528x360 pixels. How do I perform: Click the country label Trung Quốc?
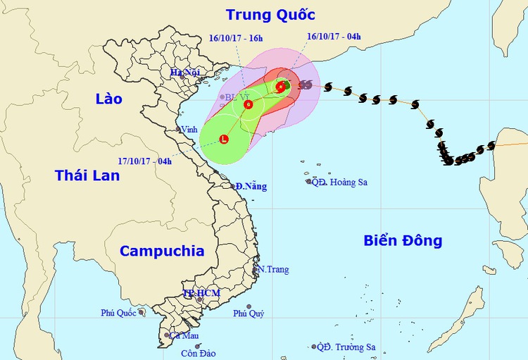point(270,14)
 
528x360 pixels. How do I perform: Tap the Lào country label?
point(108,99)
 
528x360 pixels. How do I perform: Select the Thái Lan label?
point(87,175)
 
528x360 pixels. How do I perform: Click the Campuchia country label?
point(162,251)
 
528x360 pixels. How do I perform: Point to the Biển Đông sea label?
point(403,240)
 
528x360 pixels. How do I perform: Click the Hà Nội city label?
point(185,73)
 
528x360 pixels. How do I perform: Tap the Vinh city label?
point(189,130)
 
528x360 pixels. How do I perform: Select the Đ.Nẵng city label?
point(251,187)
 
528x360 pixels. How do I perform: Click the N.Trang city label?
point(273,270)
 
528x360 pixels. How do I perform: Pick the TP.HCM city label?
point(201,293)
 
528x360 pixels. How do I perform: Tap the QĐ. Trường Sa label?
point(346,347)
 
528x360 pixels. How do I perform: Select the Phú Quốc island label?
point(118,312)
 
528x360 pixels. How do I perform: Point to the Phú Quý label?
point(249,314)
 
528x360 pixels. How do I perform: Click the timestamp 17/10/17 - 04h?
point(146,161)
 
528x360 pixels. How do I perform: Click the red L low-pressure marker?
point(224,139)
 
